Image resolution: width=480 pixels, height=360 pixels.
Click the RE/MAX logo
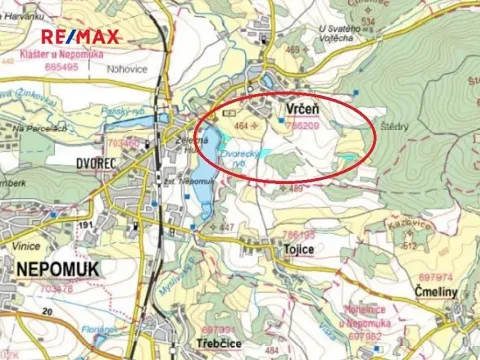pos(80,38)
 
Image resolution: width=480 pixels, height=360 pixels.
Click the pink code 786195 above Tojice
pos(296,234)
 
